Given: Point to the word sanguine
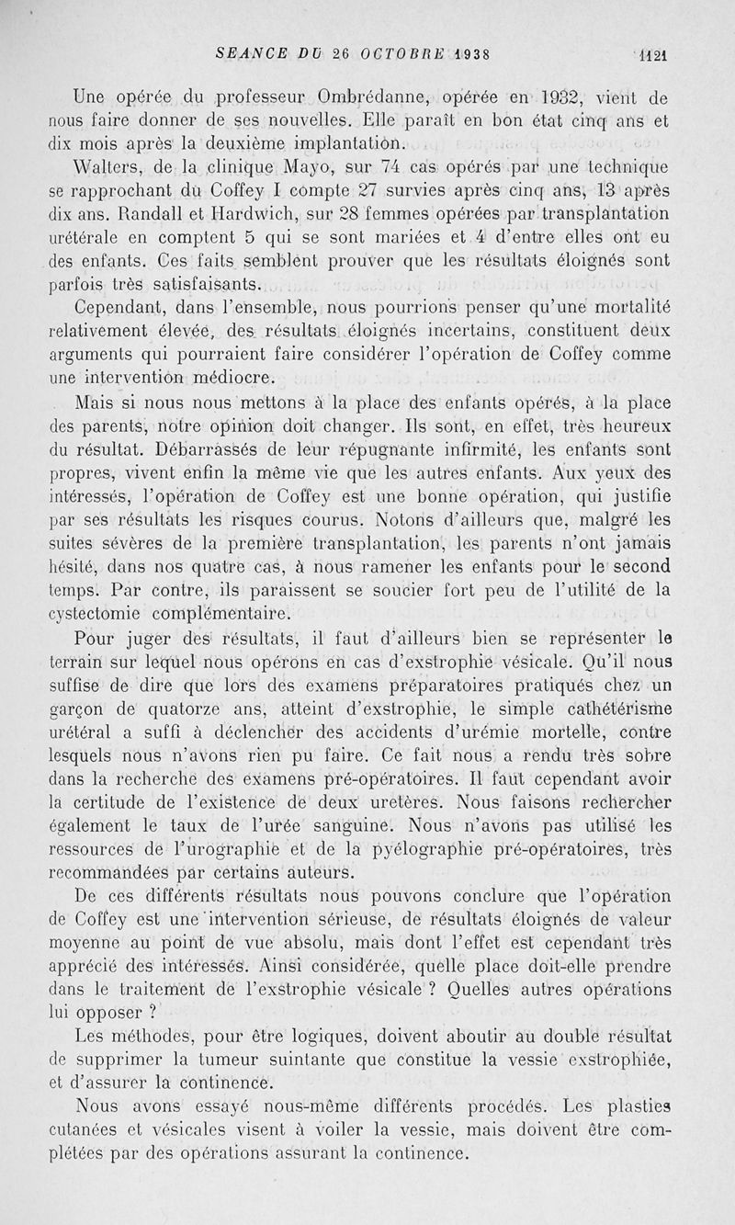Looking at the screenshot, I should [x=361, y=824].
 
